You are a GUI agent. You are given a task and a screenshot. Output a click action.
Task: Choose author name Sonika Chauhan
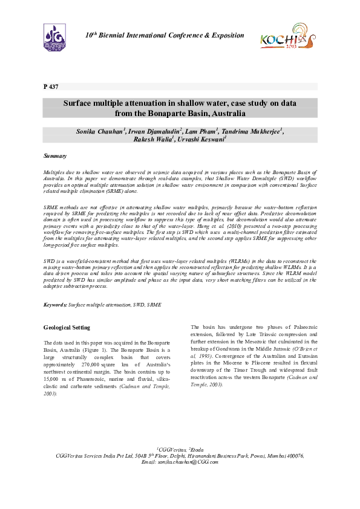coord(100,131)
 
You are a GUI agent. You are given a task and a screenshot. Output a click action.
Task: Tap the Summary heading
coord(55,156)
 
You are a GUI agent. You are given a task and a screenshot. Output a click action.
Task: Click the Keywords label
coord(55,305)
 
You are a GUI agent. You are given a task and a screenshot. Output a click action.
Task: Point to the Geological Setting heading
coord(67,328)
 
